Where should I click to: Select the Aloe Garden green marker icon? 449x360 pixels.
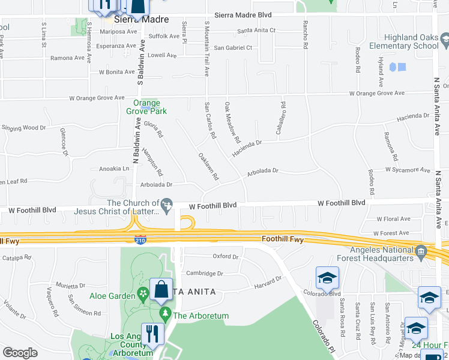click(143, 294)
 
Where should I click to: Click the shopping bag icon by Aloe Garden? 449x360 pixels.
click(162, 289)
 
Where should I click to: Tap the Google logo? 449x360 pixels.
click(20, 352)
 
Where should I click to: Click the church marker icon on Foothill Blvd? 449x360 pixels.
click(169, 206)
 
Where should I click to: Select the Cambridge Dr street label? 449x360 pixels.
click(205, 273)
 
